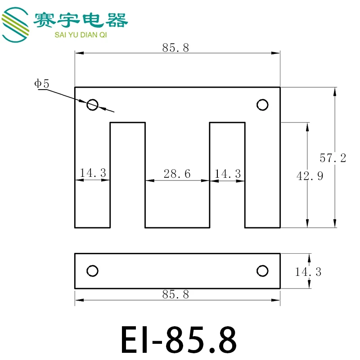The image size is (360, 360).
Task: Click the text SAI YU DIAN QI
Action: pos(81,35)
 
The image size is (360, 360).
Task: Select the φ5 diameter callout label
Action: pos(42,84)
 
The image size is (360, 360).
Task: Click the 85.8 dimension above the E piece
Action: pos(175,48)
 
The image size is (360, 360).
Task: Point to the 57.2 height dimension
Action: pos(333,158)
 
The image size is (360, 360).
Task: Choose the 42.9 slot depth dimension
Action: pos(310,176)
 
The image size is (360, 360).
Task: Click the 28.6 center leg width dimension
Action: pos(177,174)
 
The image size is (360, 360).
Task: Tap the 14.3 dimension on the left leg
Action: pos(93,173)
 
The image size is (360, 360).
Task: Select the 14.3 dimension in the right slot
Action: pos(228,174)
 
